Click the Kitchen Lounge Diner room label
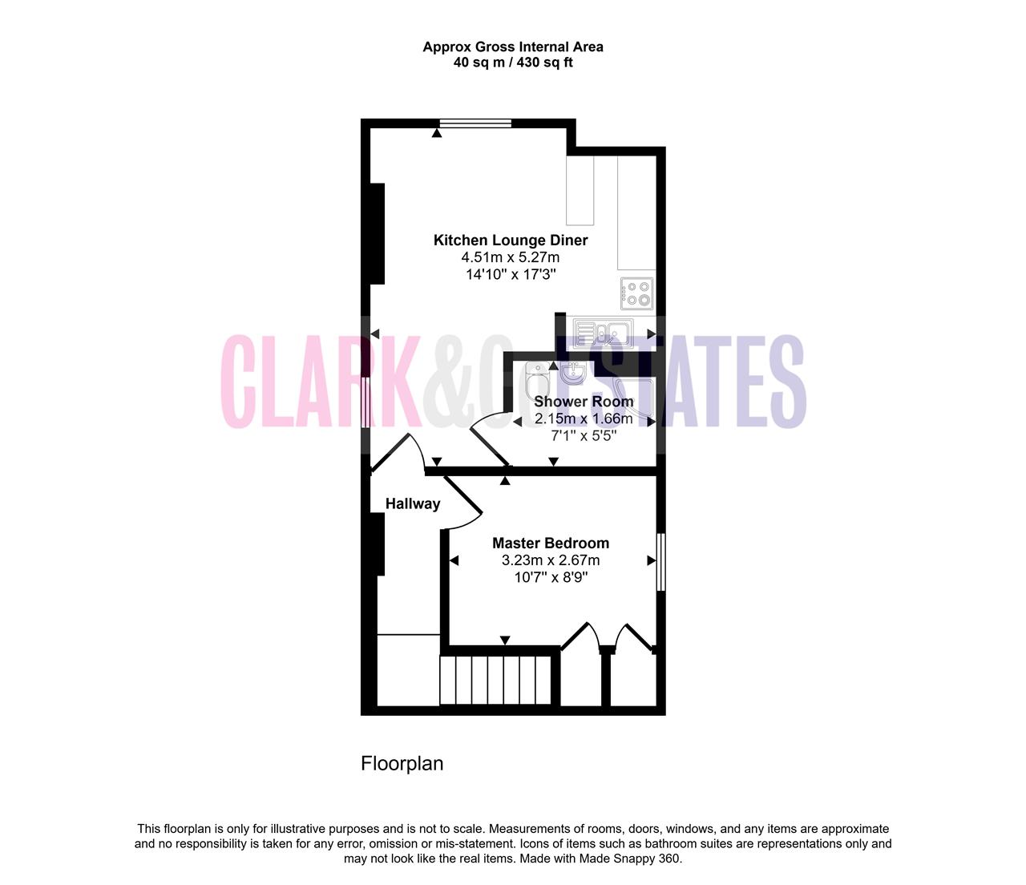[x=511, y=240]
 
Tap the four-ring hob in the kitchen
[x=637, y=293]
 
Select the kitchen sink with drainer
[x=603, y=332]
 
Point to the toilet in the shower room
[x=536, y=381]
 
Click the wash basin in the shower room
[x=573, y=374]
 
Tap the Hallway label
[x=413, y=503]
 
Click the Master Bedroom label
[x=551, y=543]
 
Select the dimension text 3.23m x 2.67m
[x=551, y=560]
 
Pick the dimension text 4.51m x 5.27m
[x=511, y=257]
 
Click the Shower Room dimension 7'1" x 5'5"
[x=584, y=436]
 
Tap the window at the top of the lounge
[x=475, y=123]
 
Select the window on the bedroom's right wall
[x=660, y=562]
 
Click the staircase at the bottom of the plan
[x=495, y=680]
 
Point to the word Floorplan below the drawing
[x=402, y=763]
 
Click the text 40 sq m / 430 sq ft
[x=513, y=63]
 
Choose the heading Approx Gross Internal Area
[x=513, y=47]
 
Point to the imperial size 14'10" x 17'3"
[x=511, y=274]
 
